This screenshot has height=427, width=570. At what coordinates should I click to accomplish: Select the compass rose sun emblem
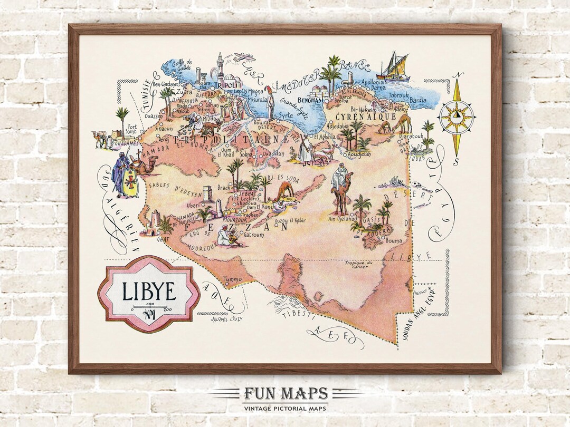pyautogui.click(x=456, y=117)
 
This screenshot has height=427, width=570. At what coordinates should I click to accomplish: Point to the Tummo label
pyautogui.click(x=232, y=279)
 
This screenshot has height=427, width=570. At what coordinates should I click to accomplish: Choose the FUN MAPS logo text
pyautogui.click(x=286, y=394)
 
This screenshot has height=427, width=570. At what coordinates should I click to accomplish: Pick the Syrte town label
pyautogui.click(x=286, y=114)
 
